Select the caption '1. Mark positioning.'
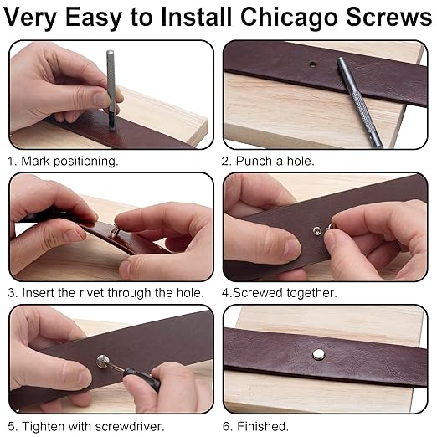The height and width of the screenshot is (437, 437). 63,160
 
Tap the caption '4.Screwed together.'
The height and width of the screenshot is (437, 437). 280,293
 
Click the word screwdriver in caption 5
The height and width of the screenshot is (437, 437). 122,425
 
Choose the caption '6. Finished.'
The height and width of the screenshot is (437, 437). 254,425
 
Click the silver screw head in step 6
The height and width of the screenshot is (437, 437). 318,354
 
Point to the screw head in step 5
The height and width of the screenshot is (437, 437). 102,362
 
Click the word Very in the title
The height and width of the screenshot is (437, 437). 35,18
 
